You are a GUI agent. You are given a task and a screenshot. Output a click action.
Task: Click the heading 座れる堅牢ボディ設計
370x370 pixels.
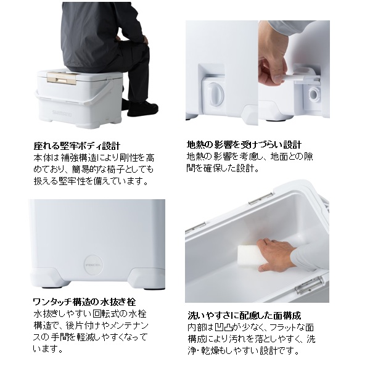[x=77, y=146]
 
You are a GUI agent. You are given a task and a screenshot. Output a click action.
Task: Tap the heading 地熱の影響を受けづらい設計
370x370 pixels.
[x=244, y=144]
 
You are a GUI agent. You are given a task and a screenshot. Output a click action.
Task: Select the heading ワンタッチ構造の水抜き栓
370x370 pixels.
[x=84, y=302]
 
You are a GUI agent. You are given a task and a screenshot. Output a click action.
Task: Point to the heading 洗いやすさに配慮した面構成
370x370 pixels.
[x=244, y=315]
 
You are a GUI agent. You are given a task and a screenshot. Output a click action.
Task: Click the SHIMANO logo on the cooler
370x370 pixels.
[x=62, y=113]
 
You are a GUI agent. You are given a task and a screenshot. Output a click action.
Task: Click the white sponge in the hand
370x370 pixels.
[x=249, y=257]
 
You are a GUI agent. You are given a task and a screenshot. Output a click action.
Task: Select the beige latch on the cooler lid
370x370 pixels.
[x=62, y=78]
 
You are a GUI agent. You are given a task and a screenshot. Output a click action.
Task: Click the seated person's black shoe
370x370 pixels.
[x=142, y=109]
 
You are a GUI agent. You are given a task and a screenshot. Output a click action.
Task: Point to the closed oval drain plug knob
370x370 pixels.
[x=214, y=94]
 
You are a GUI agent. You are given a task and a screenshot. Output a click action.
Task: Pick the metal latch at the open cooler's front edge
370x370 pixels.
[x=309, y=285]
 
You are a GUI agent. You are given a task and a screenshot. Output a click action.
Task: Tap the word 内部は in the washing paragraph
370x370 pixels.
[x=200, y=327]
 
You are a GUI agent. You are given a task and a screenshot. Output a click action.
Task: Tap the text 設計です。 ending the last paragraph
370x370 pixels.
[x=279, y=351]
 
